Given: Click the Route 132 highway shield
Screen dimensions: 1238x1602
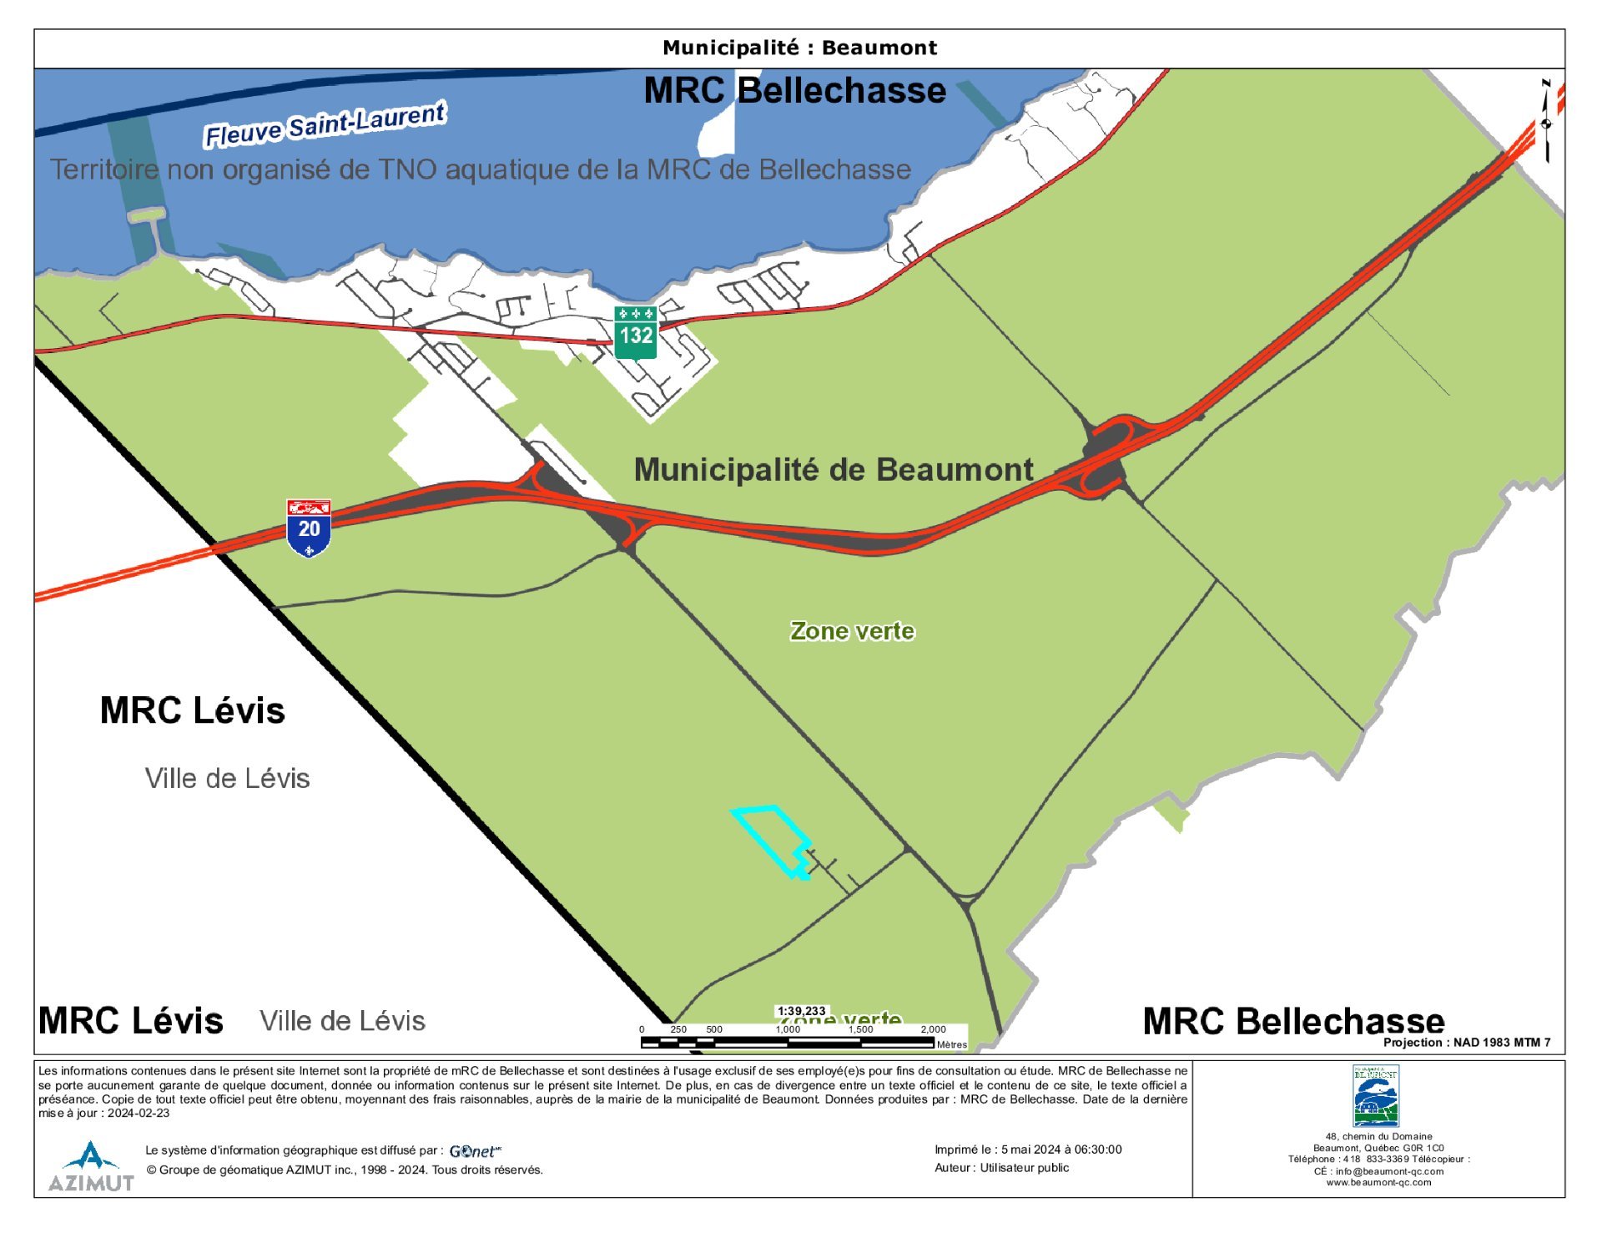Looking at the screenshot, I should point(635,332).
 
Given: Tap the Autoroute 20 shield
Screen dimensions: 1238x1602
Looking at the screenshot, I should point(309,528).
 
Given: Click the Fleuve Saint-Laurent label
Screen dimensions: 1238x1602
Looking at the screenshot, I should point(325,124).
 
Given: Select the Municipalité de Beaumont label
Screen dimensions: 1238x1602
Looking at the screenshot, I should point(834,469).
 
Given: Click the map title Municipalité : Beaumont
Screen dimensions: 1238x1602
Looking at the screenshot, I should point(799,48).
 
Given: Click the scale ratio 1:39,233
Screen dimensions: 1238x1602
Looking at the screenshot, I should point(801,1011).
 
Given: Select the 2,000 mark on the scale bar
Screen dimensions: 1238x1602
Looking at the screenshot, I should point(933,1029).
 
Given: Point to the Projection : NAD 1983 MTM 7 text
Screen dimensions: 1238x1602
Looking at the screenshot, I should point(1466,1042).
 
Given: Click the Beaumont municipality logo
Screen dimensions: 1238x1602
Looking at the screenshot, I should point(1375,1095).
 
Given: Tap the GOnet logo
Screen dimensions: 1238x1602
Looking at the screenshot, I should point(475,1151).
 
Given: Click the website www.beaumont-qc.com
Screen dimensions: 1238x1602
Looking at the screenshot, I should point(1378,1182).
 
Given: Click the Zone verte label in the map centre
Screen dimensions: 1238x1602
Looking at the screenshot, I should point(852,631).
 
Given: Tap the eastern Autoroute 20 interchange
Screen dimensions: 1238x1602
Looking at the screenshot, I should point(1106,457).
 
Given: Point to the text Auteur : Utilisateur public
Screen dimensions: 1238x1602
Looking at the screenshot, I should point(1001,1168).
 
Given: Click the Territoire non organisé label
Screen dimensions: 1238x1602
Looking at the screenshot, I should point(480,169).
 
